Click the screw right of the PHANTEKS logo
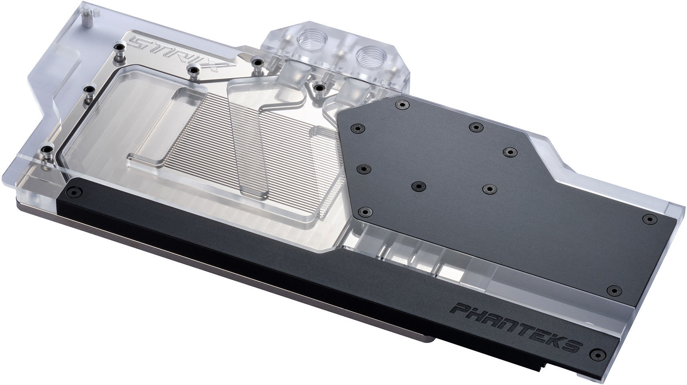click(x=597, y=354)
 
